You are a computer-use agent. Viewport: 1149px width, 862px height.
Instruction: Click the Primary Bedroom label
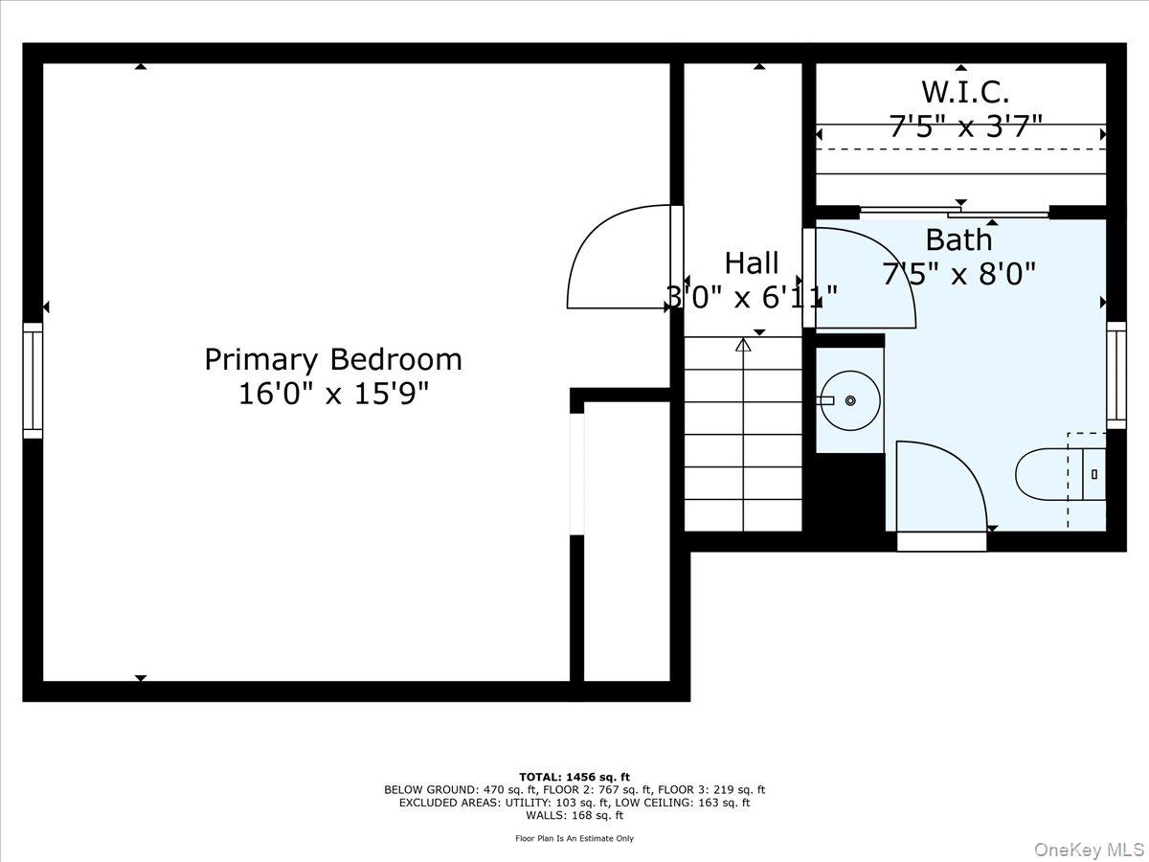pyautogui.click(x=332, y=359)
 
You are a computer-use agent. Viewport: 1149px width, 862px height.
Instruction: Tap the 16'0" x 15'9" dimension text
pyautogui.click(x=332, y=394)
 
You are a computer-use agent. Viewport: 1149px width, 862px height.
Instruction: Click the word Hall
pyautogui.click(x=751, y=262)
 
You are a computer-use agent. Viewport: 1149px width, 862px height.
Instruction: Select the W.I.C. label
pyautogui.click(x=965, y=92)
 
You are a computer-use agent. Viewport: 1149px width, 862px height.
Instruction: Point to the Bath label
pyautogui.click(x=958, y=239)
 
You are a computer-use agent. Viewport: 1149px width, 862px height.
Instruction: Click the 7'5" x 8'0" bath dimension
pyautogui.click(x=958, y=275)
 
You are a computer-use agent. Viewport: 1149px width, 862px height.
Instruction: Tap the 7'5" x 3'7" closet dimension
pyautogui.click(x=965, y=126)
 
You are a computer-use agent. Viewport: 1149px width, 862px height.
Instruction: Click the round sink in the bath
pyautogui.click(x=849, y=399)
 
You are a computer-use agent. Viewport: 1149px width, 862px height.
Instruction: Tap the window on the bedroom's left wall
pyautogui.click(x=34, y=380)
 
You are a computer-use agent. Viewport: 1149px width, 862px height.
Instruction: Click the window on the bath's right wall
pyautogui.click(x=1115, y=374)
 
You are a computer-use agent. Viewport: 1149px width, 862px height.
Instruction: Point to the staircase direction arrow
pyautogui.click(x=743, y=346)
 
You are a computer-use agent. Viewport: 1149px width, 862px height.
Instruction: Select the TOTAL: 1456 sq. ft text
pyautogui.click(x=574, y=777)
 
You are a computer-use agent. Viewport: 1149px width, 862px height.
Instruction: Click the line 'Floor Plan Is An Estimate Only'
pyautogui.click(x=574, y=838)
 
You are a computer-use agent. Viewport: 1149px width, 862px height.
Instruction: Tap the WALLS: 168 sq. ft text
pyautogui.click(x=574, y=815)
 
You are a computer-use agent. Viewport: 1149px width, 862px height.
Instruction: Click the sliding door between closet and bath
pyautogui.click(x=955, y=212)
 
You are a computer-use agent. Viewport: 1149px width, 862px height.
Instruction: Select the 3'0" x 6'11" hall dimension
pyautogui.click(x=752, y=297)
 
